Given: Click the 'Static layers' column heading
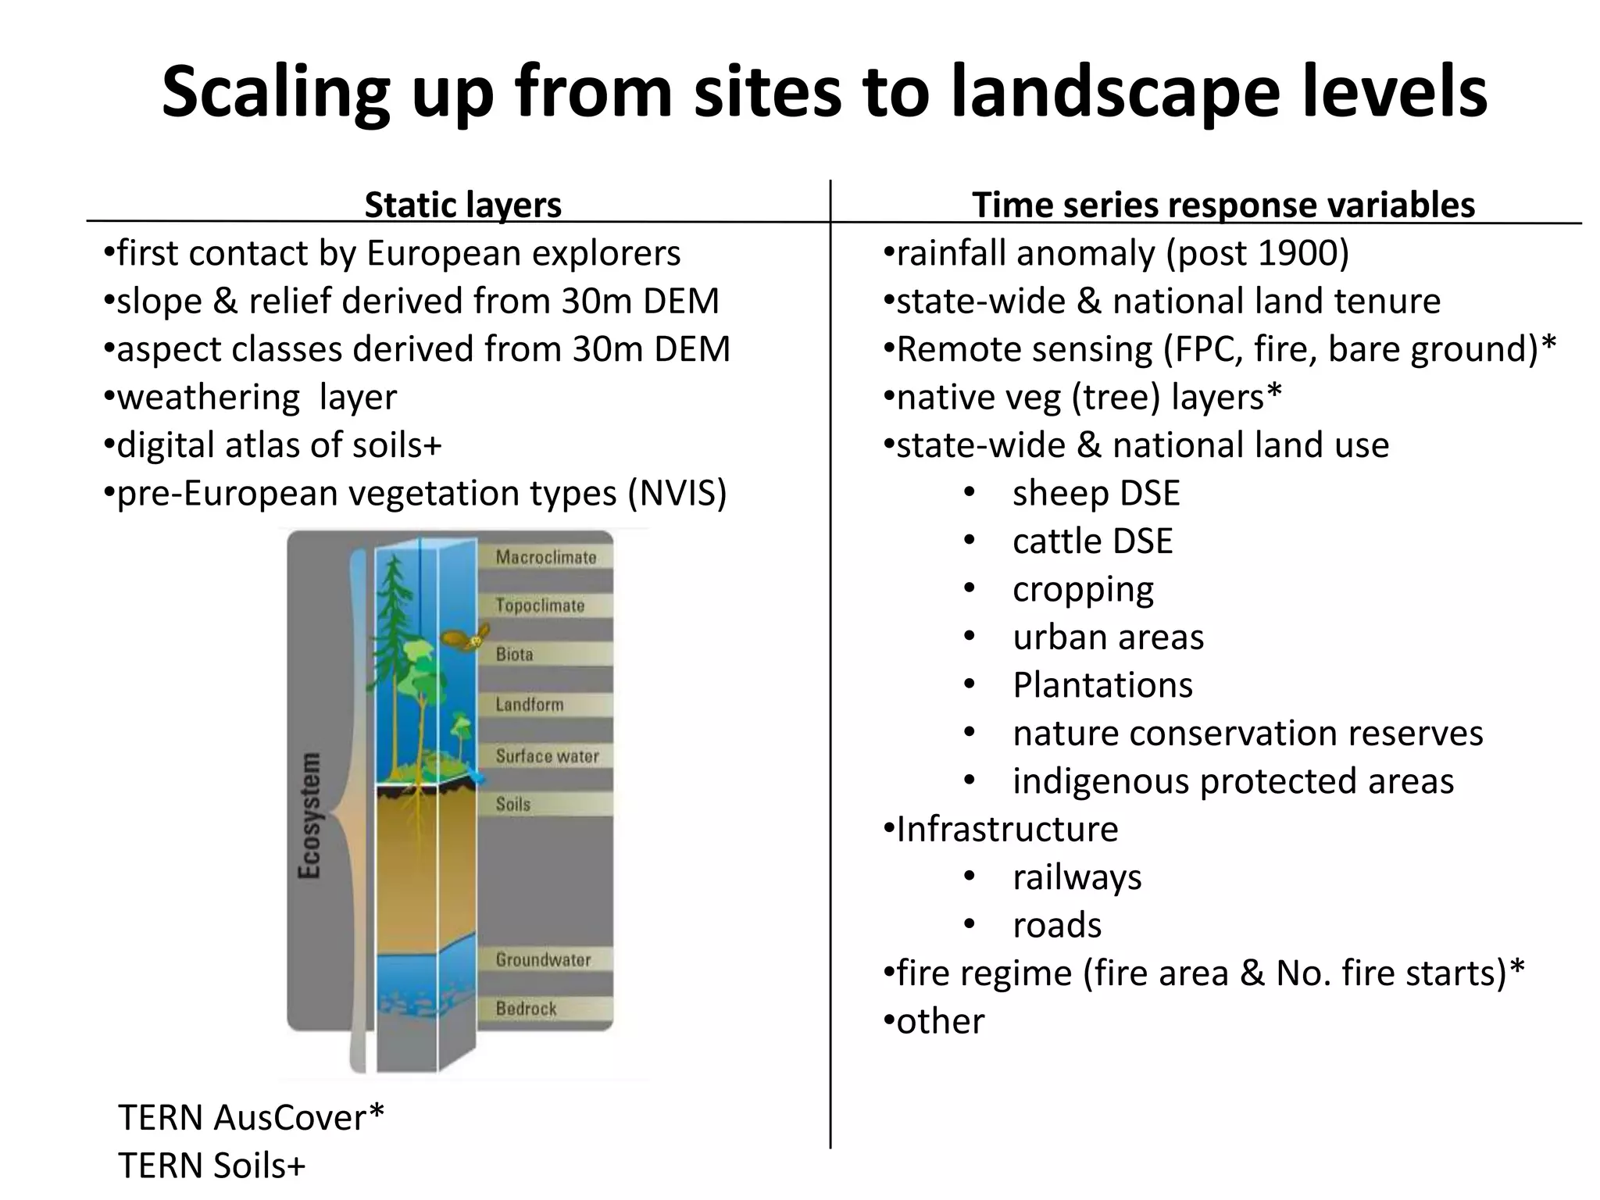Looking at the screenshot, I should point(462,205).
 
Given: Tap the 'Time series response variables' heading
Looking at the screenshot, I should point(1223,205).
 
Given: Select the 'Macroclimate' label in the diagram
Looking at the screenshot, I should point(545,558).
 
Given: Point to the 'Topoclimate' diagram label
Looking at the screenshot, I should point(540,606).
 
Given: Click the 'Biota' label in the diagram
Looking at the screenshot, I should point(514,655).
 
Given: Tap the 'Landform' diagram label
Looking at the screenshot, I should point(529,705).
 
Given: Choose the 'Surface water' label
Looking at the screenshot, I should point(547,756).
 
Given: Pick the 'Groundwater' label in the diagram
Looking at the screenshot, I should point(543,960).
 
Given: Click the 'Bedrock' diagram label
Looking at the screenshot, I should point(526,1009).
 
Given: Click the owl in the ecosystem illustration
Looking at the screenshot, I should point(466,637).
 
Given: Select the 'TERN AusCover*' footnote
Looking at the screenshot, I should point(251,1118).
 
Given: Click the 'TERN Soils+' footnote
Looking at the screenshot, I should point(211,1166).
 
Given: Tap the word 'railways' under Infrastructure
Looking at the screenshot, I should point(1077,877).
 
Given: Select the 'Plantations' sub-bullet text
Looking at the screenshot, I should point(1102,685).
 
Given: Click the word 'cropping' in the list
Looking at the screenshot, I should point(1083,590).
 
